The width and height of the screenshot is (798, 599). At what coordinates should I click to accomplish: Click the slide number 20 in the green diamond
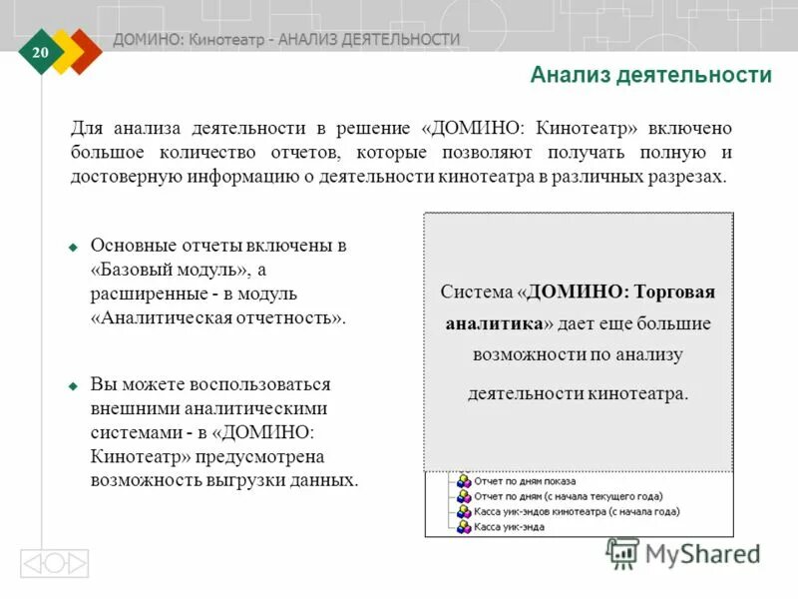pyautogui.click(x=41, y=52)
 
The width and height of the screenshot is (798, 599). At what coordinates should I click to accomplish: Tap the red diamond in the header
pyautogui.click(x=88, y=50)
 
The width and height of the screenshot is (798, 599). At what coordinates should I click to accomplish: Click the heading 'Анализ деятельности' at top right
pyautogui.click(x=650, y=75)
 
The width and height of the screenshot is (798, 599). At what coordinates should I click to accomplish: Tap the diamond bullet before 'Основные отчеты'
pyautogui.click(x=73, y=246)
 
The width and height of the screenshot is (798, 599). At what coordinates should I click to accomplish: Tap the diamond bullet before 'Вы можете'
pyautogui.click(x=73, y=384)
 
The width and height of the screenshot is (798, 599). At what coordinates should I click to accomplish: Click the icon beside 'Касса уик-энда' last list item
pyautogui.click(x=463, y=526)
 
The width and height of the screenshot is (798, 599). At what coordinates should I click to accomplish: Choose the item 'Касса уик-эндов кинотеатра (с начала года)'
pyautogui.click(x=577, y=511)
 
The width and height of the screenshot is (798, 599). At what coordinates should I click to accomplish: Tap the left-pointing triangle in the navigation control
pyautogui.click(x=32, y=564)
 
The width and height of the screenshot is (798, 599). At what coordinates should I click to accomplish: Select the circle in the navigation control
pyautogui.click(x=54, y=564)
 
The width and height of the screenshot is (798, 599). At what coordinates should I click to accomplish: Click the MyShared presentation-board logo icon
pyautogui.click(x=622, y=554)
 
